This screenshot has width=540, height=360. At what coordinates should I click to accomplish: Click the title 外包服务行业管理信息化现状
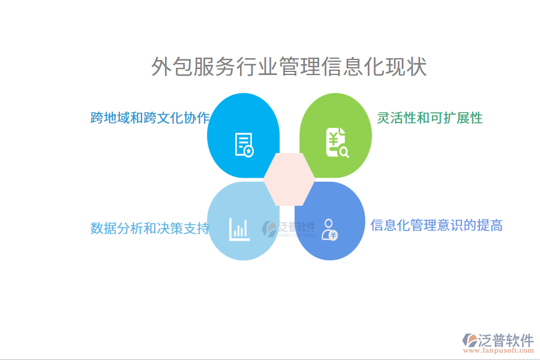pos(289,67)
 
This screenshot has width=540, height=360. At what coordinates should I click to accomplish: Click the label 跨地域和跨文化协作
pos(150,117)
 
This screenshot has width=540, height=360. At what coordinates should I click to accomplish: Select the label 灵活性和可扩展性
pos(430,118)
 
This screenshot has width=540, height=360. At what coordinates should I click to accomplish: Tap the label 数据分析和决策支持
pos(150,228)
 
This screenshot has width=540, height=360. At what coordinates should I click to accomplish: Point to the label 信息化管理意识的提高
pos(436,225)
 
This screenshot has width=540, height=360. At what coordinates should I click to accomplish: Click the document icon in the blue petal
pos(244,145)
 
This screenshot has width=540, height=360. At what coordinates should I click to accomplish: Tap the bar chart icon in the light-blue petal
pos(239,229)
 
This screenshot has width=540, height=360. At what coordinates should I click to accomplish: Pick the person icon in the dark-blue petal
pos(329,229)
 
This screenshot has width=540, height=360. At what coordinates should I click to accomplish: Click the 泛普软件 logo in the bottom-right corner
pos(497,341)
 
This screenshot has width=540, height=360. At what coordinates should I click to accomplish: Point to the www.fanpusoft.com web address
pos(502,352)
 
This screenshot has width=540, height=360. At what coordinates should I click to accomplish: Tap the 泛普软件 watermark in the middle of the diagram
pos(289,228)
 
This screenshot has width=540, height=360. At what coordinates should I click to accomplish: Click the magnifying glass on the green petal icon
pos(344,152)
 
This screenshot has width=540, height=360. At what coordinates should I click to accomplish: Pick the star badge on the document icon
pos(248,152)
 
